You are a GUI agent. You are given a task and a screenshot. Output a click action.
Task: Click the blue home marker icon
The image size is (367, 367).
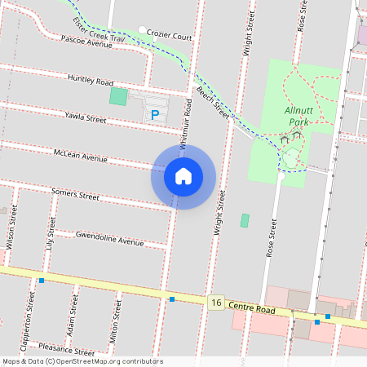click(183, 176)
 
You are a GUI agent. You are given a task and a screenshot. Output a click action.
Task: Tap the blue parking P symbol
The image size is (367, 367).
click(154, 116)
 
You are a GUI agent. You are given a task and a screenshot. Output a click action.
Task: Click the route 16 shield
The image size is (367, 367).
click(215, 303)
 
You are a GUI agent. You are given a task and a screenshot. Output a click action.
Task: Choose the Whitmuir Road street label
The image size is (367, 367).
click(185, 122)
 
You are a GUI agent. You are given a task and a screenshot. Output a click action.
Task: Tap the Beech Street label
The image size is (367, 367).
click(210, 102)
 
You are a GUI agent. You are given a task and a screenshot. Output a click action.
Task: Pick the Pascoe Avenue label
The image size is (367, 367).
click(87, 42)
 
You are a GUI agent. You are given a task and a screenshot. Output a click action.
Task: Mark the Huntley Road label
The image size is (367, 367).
click(91, 81)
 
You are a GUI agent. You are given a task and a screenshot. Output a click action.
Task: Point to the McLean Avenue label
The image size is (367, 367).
click(80, 155)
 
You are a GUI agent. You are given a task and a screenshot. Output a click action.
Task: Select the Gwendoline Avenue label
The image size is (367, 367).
click(109, 239)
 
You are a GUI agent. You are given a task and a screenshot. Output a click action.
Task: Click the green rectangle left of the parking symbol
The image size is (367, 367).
click(119, 96)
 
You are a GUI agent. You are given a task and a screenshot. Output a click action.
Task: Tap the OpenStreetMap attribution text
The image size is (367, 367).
click(82, 361)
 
